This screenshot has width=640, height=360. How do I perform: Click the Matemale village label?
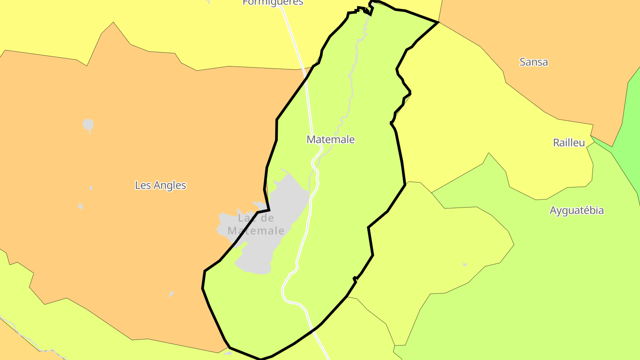click(331, 140)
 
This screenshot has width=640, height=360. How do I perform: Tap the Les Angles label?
click(160, 185)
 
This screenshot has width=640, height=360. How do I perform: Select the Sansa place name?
click(533, 62)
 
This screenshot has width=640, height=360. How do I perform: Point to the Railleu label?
click(569, 143)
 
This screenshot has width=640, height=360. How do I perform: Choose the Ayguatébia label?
click(576, 210)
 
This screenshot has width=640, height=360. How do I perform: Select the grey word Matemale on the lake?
click(256, 231)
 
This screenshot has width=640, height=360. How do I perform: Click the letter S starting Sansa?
click(523, 62)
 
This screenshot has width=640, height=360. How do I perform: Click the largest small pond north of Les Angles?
click(88, 124)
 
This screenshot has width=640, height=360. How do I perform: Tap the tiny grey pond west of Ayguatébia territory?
click(465, 265)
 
